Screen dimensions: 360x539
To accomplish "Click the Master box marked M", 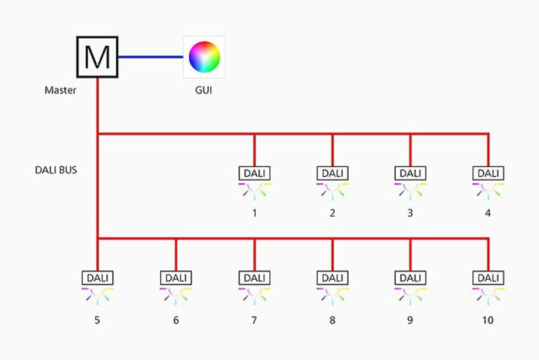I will pyautogui.click(x=97, y=56).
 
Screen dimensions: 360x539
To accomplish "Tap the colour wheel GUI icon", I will pyautogui.click(x=204, y=56).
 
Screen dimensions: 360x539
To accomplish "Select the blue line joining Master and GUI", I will pyautogui.click(x=151, y=56).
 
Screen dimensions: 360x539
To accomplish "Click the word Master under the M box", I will pyautogui.click(x=60, y=90).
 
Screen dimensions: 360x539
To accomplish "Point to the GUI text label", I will pyautogui.click(x=204, y=90).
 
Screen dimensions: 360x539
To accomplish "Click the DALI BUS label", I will pyautogui.click(x=56, y=170).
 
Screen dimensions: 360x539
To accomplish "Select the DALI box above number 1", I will pyautogui.click(x=255, y=173).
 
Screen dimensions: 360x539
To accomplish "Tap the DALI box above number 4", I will pyautogui.click(x=488, y=173).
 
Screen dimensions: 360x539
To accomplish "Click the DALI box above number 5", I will pyautogui.click(x=97, y=277).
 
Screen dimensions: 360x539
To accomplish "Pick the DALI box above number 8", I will pyautogui.click(x=332, y=277).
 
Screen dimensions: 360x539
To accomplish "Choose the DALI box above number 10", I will pyautogui.click(x=488, y=277).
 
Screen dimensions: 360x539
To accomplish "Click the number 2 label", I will pyautogui.click(x=332, y=213).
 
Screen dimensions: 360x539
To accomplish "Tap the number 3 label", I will pyautogui.click(x=410, y=213).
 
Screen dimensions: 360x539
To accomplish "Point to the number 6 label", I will pyautogui.click(x=176, y=320).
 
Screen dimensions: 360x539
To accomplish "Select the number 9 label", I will pyautogui.click(x=410, y=320).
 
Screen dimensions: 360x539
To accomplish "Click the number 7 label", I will pyautogui.click(x=255, y=320).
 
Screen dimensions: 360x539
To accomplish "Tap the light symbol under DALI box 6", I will pyautogui.click(x=176, y=296).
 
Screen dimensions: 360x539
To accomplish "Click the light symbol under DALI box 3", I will pyautogui.click(x=410, y=191).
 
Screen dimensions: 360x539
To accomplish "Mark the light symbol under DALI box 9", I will pyautogui.click(x=410, y=296).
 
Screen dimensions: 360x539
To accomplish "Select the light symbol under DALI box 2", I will pyautogui.click(x=332, y=191).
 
